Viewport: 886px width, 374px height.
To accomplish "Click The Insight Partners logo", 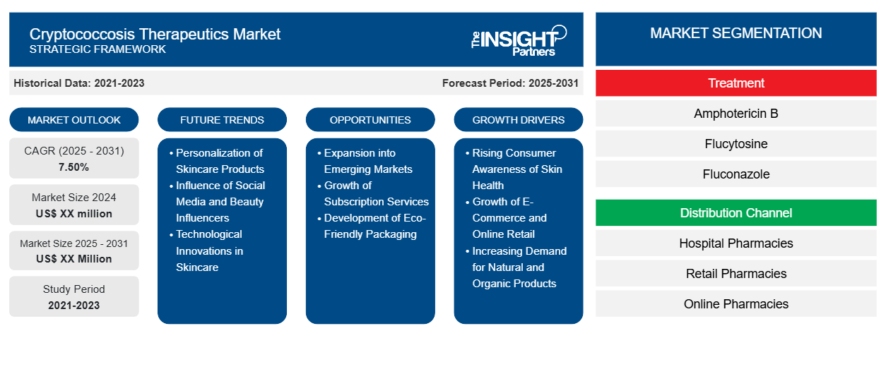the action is pyautogui.click(x=519, y=40).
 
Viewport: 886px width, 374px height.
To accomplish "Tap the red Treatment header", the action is pyautogui.click(x=736, y=83).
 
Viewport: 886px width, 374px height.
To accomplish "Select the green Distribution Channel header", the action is pyautogui.click(x=736, y=213).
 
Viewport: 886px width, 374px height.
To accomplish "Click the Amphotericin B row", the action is pyautogui.click(x=736, y=114).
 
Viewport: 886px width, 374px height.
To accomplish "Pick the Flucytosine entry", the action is pyautogui.click(x=736, y=144).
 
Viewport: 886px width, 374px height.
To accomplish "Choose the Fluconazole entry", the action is pyautogui.click(x=736, y=174).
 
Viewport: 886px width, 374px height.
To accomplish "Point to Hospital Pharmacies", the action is pyautogui.click(x=736, y=243).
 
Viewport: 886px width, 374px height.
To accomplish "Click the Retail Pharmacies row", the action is pyautogui.click(x=736, y=274).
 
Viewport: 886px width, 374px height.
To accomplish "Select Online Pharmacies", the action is pyautogui.click(x=736, y=303).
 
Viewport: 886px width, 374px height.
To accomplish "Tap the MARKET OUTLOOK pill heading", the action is pyautogui.click(x=74, y=120).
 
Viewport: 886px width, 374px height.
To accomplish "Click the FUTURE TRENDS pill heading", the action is pyautogui.click(x=222, y=120).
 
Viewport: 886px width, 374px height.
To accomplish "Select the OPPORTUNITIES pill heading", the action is pyautogui.click(x=370, y=120).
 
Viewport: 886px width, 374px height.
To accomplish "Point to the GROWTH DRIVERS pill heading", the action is pyautogui.click(x=518, y=120).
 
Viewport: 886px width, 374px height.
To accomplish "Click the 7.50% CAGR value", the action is pyautogui.click(x=73, y=167).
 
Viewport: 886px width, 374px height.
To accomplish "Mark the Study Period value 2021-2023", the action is pyautogui.click(x=74, y=306).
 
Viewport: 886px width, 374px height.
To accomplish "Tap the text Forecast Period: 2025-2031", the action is pyautogui.click(x=510, y=83).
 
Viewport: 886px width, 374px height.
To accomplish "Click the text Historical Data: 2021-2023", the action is pyautogui.click(x=78, y=83).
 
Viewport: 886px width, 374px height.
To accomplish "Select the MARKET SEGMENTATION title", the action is pyautogui.click(x=736, y=33).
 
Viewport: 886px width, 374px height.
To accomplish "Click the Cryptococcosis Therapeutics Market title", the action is pyautogui.click(x=155, y=35).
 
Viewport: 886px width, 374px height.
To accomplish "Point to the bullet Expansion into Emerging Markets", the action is pyautogui.click(x=368, y=161).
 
